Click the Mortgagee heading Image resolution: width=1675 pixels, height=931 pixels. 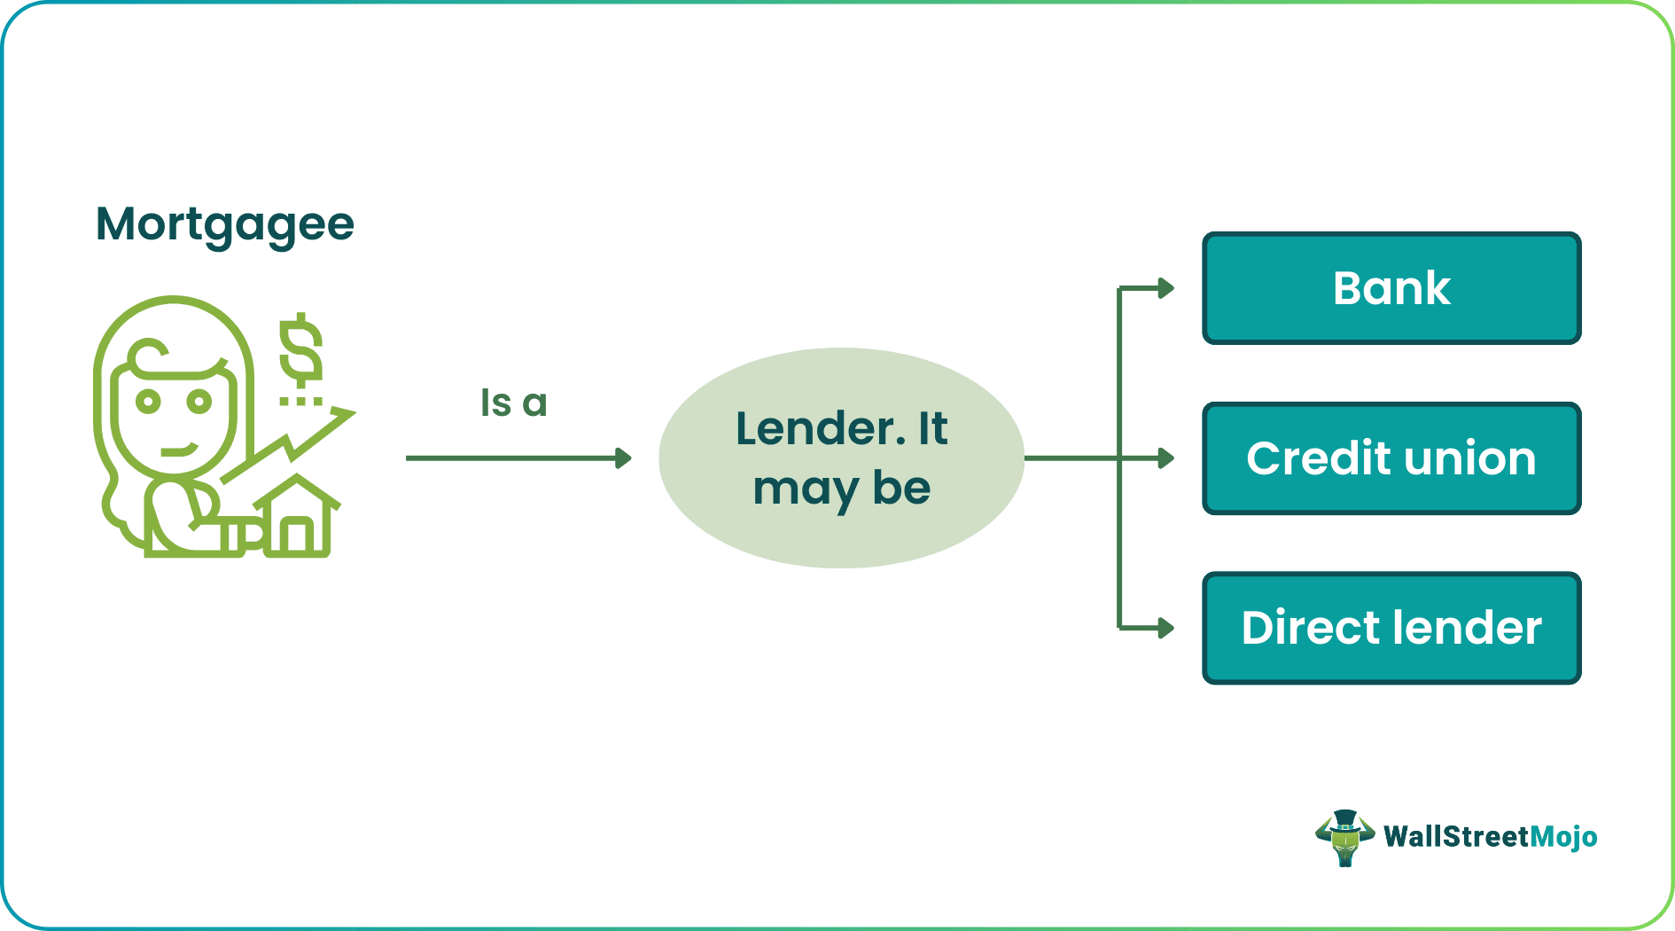[x=225, y=224]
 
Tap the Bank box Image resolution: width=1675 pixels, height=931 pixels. [x=1391, y=288]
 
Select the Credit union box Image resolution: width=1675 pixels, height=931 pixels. [x=1391, y=458]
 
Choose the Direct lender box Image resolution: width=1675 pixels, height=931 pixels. [x=1391, y=628]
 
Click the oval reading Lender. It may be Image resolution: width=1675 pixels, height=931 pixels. [x=841, y=458]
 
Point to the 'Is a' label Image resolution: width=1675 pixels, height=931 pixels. [x=513, y=403]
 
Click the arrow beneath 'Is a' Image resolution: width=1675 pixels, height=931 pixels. [x=518, y=458]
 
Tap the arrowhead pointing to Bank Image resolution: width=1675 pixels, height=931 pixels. [x=1166, y=288]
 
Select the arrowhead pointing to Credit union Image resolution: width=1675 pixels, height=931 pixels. [x=1166, y=458]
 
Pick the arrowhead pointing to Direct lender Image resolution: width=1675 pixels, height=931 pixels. [x=1166, y=628]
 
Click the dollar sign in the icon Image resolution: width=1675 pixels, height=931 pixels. [x=300, y=350]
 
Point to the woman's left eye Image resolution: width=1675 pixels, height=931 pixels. [x=148, y=402]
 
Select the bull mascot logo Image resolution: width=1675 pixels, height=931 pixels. [x=1344, y=837]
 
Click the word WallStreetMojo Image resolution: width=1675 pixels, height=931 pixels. [x=1490, y=837]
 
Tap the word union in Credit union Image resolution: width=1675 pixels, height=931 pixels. [x=1469, y=458]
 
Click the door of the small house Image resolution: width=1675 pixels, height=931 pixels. [x=298, y=536]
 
